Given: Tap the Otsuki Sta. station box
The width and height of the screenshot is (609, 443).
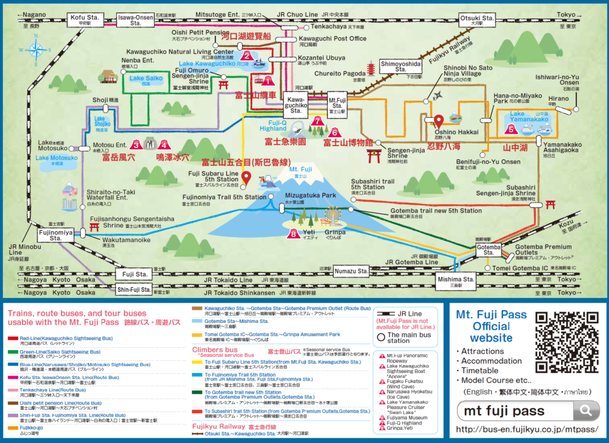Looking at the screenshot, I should tap(477, 20).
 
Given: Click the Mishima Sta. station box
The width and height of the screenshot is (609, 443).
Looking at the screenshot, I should tap(456, 281).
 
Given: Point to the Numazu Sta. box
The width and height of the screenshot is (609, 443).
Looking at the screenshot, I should tap(351, 271).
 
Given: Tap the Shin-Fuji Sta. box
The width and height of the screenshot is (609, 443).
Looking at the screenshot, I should tap(134, 290).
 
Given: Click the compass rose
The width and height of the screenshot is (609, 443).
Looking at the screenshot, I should tap(36, 50).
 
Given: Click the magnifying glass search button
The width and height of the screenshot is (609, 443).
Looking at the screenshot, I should tap(588, 410).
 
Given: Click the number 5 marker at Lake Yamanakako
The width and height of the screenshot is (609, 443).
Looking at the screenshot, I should tap(510, 127).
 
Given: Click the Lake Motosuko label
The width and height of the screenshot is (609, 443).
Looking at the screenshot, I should tap(56, 158).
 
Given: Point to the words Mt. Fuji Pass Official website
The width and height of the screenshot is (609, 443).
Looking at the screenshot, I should tap(492, 326).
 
